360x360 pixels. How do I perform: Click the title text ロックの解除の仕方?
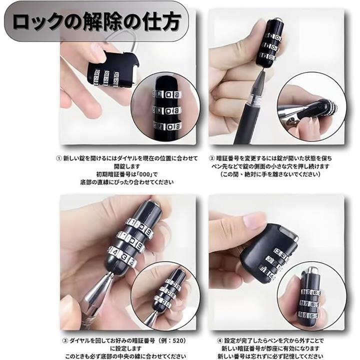pyautogui.click(x=96, y=21)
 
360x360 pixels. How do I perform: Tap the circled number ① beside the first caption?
pyautogui.click(x=59, y=158)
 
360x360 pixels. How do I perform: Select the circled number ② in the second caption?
pyautogui.click(x=212, y=158)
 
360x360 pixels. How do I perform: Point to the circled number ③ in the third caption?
pyautogui.click(x=65, y=340)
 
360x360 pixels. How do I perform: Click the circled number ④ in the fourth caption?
pyautogui.click(x=220, y=340)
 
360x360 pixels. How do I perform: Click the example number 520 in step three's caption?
pyautogui.click(x=177, y=340)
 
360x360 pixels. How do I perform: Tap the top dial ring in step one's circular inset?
pyautogui.click(x=166, y=94)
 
